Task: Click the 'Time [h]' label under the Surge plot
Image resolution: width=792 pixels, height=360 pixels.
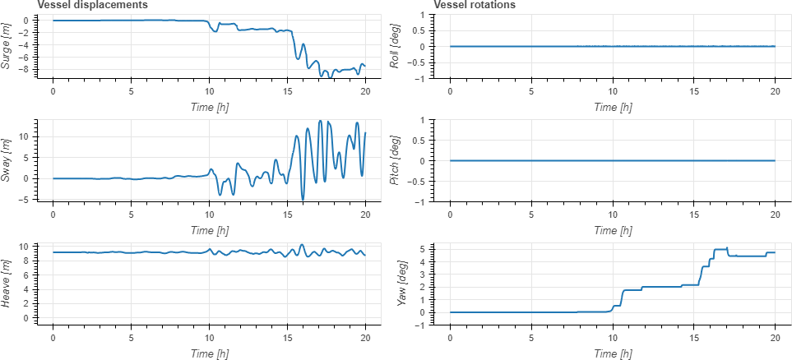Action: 209,107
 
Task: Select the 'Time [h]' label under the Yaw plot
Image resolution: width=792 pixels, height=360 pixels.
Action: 612,353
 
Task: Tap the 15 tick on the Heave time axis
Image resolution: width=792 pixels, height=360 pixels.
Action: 287,338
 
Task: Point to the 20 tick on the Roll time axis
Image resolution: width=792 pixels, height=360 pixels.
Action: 775,92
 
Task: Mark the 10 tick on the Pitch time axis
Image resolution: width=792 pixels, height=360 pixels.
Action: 612,215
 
